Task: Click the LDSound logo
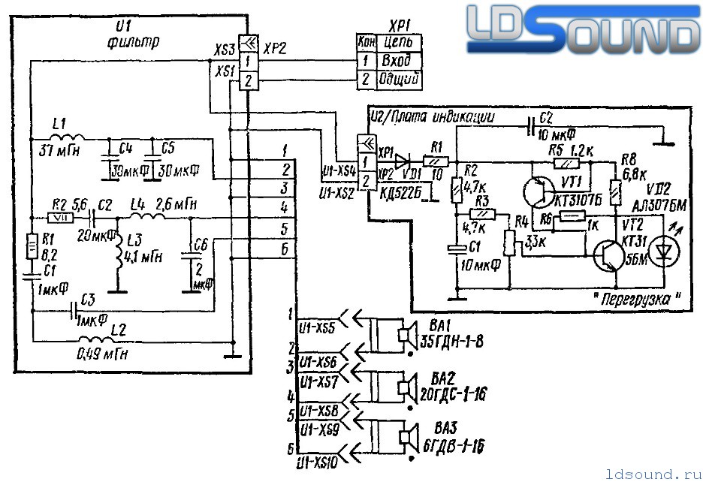582,32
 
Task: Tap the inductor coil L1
68,139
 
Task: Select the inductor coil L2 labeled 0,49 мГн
98,340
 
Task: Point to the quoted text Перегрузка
637,298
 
